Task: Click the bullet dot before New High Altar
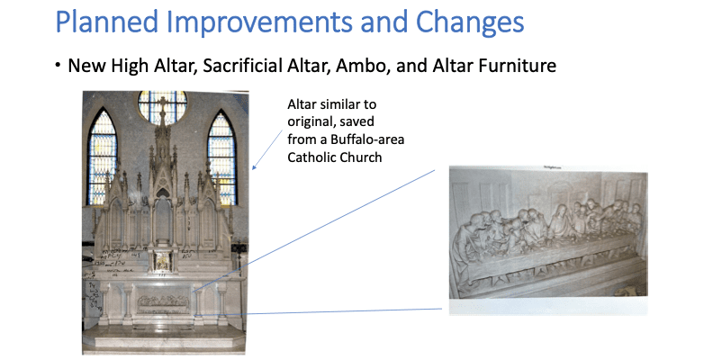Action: tap(59, 67)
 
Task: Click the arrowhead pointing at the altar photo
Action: tap(255, 168)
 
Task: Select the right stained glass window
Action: tap(221, 144)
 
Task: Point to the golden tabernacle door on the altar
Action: tap(162, 262)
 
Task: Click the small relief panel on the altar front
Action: tap(163, 300)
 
